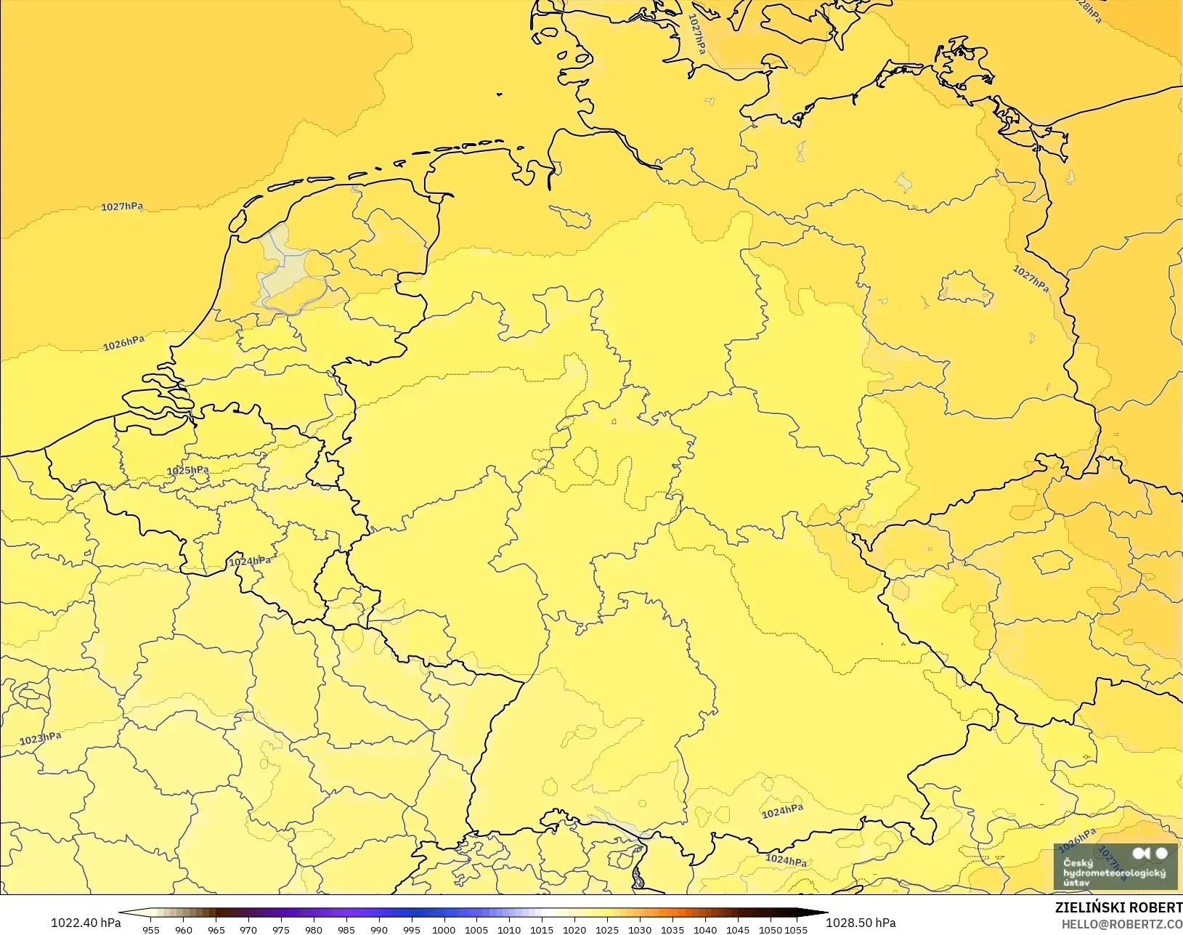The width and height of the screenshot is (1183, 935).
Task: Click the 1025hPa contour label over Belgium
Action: pyautogui.click(x=188, y=471)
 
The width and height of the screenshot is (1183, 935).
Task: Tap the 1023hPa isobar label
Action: pyautogui.click(x=41, y=739)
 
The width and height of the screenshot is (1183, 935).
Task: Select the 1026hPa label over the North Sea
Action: pyautogui.click(x=123, y=343)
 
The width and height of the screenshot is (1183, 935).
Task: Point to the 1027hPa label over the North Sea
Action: pyautogui.click(x=122, y=207)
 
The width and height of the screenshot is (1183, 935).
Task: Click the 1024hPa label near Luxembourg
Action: pyautogui.click(x=250, y=562)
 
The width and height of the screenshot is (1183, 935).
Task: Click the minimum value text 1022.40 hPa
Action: pyautogui.click(x=86, y=923)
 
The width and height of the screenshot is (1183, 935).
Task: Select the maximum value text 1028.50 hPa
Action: pyautogui.click(x=861, y=923)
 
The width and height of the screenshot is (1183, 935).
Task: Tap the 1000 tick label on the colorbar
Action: pyautogui.click(x=444, y=930)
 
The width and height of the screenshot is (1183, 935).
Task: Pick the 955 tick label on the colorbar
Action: pyautogui.click(x=151, y=930)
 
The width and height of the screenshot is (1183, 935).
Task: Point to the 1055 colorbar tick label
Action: pyautogui.click(x=796, y=930)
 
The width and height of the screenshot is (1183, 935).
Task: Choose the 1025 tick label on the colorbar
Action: pyautogui.click(x=607, y=930)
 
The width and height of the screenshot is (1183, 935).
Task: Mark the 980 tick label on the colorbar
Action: pyautogui.click(x=314, y=930)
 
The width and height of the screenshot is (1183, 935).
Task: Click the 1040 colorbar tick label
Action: pyautogui.click(x=704, y=930)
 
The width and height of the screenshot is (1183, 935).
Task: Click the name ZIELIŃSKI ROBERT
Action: pyautogui.click(x=1118, y=908)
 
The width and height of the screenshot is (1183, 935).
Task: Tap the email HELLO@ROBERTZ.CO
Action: pyautogui.click(x=1122, y=924)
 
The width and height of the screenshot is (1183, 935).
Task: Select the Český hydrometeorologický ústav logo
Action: pyautogui.click(x=1115, y=867)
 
